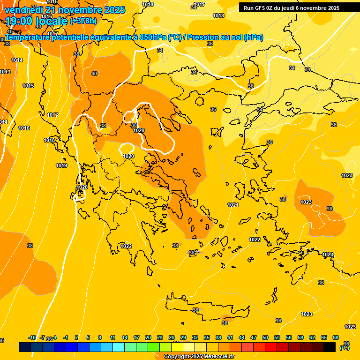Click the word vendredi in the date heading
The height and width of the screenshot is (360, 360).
(x=24, y=10)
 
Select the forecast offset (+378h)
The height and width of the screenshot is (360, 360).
(x=83, y=21)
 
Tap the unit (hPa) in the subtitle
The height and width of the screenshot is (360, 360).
(x=254, y=37)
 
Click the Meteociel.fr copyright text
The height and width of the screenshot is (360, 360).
(x=199, y=357)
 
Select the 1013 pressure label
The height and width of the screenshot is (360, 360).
(x=5, y=72)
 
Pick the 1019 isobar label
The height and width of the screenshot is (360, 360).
(x=61, y=165)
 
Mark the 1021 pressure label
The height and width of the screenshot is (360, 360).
(x=233, y=205)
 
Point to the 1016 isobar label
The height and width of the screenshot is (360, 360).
(x=24, y=128)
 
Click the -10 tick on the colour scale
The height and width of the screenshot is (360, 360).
(x=32, y=338)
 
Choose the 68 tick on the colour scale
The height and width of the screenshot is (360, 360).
(x=336, y=338)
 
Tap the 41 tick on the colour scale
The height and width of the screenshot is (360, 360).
(x=230, y=338)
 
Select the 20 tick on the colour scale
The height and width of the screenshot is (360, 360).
(x=148, y=338)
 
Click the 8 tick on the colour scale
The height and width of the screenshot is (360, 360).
(x=100, y=338)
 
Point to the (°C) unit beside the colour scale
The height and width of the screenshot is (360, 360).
(x=345, y=348)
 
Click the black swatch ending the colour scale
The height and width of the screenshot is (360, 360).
(x=330, y=347)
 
